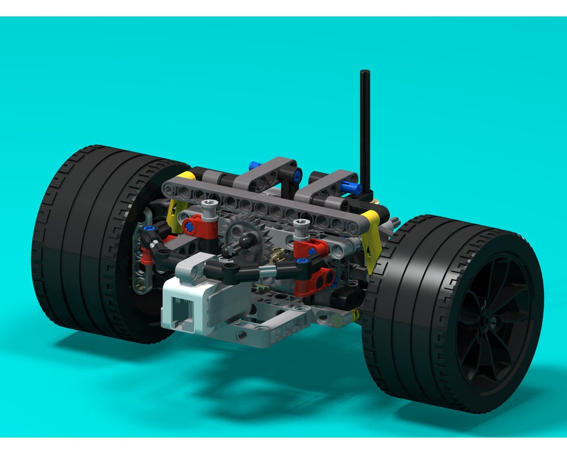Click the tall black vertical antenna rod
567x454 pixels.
[x=365, y=131]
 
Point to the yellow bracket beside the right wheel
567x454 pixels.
[x=372, y=238]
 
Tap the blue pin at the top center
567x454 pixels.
[x=256, y=166]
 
